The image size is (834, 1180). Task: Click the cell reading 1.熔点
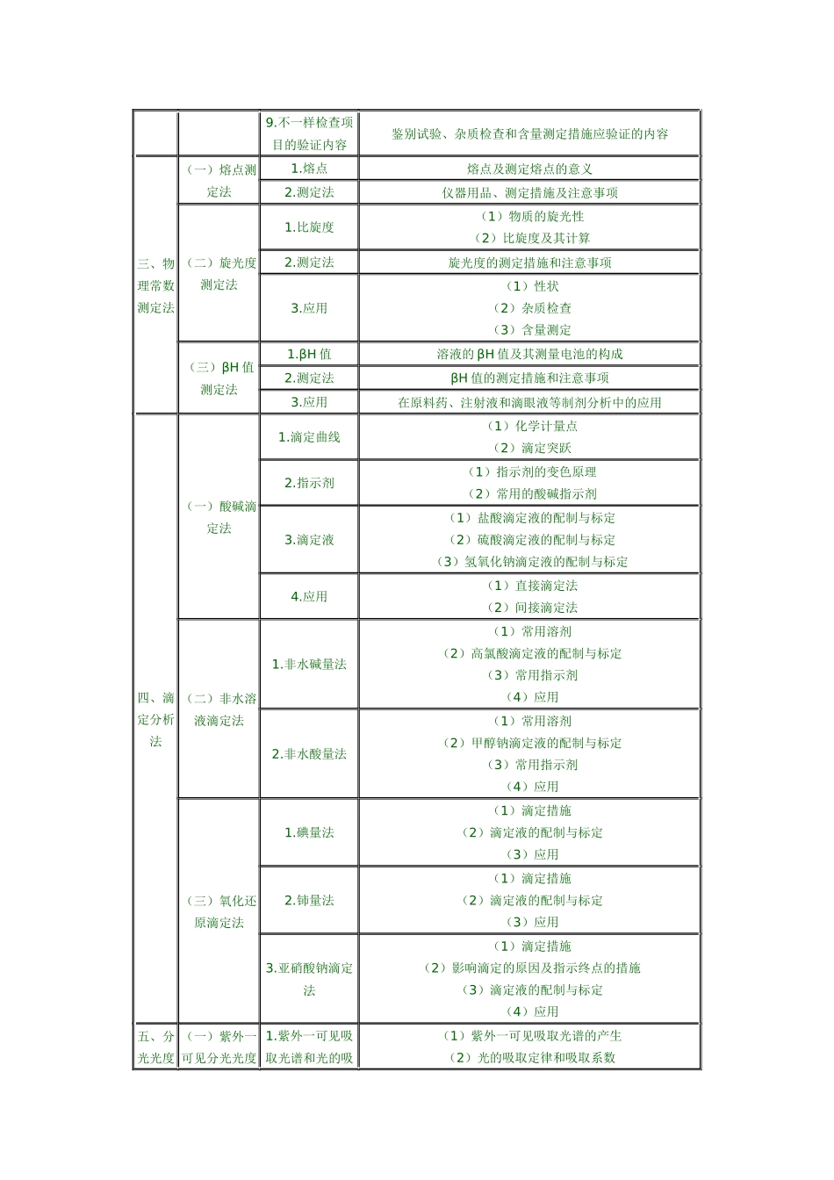(309, 169)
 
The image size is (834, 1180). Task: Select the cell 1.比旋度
(309, 227)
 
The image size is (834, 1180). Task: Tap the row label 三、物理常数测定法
(155, 285)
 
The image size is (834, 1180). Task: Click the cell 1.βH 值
(309, 355)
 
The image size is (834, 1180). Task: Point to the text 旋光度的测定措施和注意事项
(529, 263)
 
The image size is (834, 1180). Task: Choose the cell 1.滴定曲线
(309, 437)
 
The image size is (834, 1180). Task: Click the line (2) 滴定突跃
(529, 448)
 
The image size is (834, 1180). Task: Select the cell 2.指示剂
(309, 483)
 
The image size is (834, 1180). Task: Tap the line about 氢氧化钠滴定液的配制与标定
(532, 562)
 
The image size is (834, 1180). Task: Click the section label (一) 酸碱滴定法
(219, 517)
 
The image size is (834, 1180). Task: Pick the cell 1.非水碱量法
(309, 665)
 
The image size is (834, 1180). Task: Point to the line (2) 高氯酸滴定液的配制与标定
(532, 653)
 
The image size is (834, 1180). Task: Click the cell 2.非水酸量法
(309, 754)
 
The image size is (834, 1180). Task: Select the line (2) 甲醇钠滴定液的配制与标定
(532, 743)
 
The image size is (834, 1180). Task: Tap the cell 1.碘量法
(309, 832)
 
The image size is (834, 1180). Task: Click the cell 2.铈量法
(309, 900)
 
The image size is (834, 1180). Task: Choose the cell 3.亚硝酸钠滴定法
(309, 979)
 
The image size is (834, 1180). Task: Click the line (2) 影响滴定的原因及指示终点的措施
(532, 968)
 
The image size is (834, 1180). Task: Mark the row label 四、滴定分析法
(155, 720)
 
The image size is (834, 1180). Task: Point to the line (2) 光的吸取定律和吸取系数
(532, 1058)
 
